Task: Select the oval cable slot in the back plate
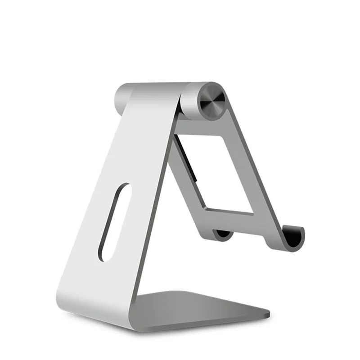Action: (115, 222)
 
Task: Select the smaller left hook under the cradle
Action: (223, 234)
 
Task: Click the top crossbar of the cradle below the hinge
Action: (205, 124)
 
